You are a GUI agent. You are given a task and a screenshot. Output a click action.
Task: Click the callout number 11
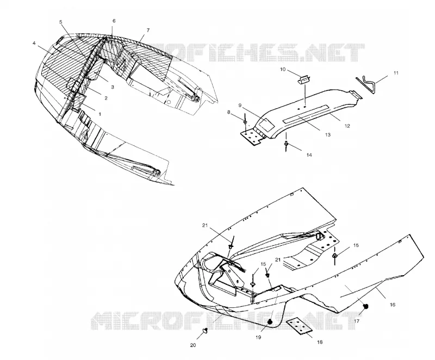click(x=396, y=73)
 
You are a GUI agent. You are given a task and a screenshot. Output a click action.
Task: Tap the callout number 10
click(x=283, y=70)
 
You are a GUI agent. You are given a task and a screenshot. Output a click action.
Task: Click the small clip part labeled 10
click(x=303, y=80)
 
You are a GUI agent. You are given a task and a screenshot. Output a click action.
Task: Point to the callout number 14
click(x=309, y=155)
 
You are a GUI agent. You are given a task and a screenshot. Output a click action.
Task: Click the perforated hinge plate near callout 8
click(x=251, y=137)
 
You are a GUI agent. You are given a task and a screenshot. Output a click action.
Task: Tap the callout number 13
click(x=328, y=135)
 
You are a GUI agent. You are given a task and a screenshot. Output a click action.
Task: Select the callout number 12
click(x=347, y=126)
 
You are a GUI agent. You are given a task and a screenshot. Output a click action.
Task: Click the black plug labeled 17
click(x=366, y=306)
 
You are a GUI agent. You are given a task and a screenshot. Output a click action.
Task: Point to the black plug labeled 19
click(x=270, y=322)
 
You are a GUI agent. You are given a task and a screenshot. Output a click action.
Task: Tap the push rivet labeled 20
click(x=206, y=330)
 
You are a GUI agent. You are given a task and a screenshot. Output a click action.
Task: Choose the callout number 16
click(x=392, y=305)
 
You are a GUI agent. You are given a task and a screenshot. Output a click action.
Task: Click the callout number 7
click(x=148, y=30)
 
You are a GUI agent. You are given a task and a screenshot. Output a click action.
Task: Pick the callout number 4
click(x=34, y=43)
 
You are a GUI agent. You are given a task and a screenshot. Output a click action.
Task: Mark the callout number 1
click(x=100, y=114)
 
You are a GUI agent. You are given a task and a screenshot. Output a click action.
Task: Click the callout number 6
click(x=114, y=21)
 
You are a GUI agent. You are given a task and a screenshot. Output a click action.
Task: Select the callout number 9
click(x=240, y=105)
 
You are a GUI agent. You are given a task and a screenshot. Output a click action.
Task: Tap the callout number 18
click(x=320, y=342)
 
